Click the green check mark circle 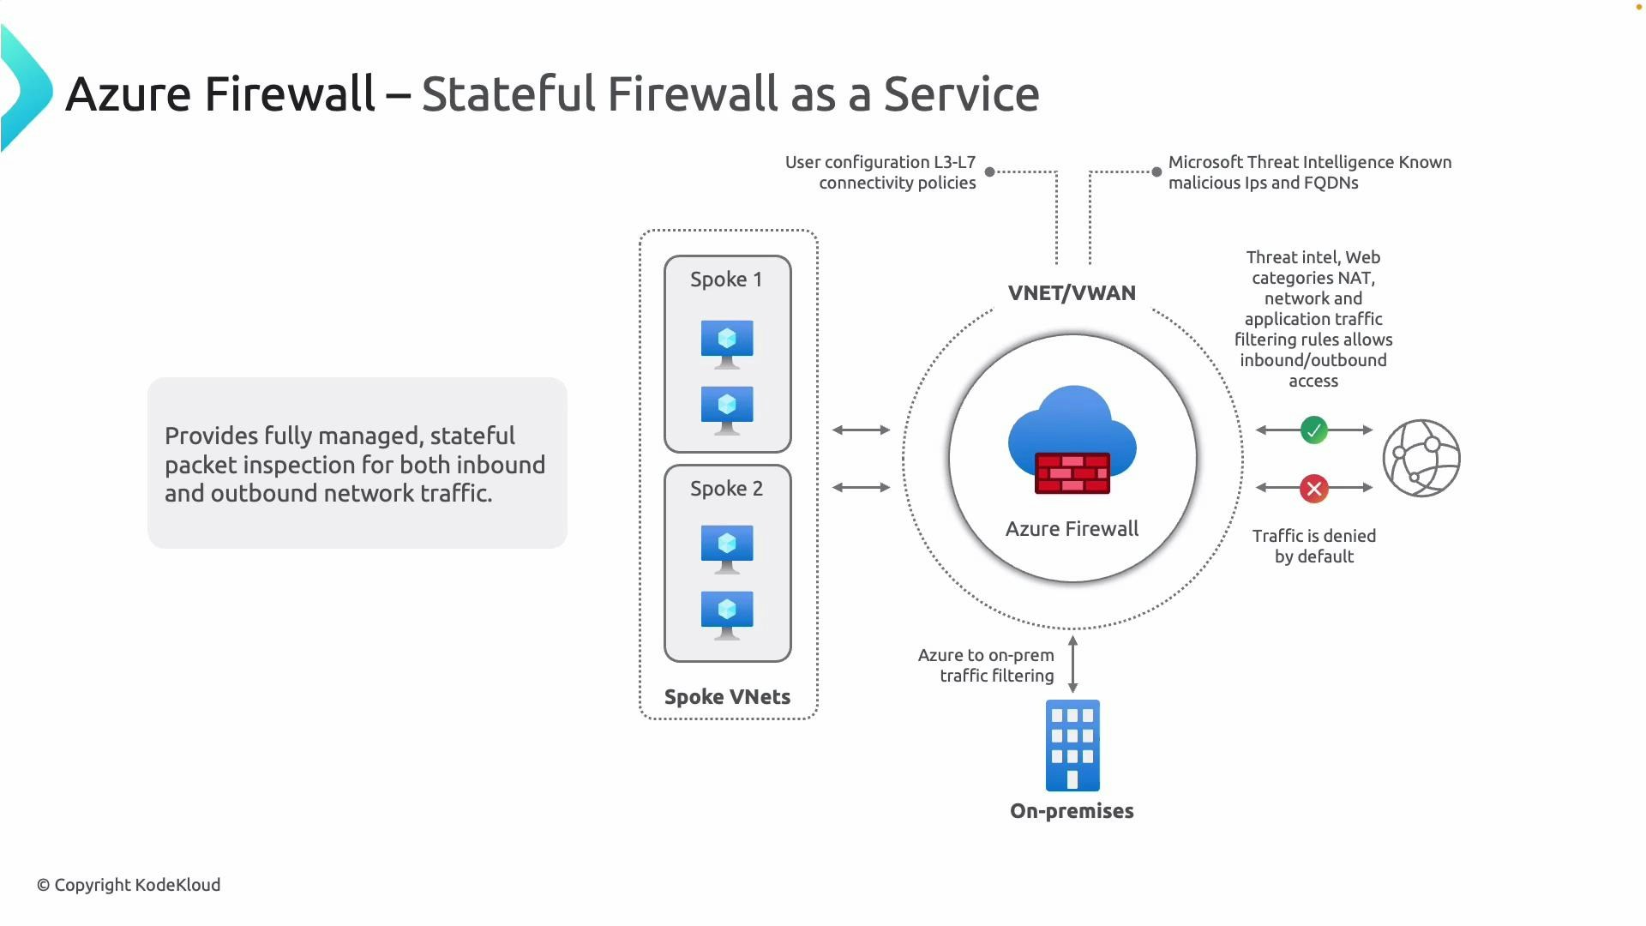click(x=1313, y=430)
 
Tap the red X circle click(x=1313, y=489)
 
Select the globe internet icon click(x=1421, y=458)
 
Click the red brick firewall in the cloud click(x=1072, y=473)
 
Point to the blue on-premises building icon click(x=1072, y=745)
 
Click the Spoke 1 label click(x=726, y=280)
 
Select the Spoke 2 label click(x=726, y=489)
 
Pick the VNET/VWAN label click(x=1072, y=293)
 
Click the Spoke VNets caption click(x=727, y=697)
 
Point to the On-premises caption click(x=1072, y=811)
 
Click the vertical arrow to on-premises click(x=1072, y=664)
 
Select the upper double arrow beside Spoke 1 click(x=861, y=430)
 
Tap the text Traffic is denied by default click(x=1313, y=546)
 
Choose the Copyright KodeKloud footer click(x=129, y=885)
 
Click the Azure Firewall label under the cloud click(x=1072, y=529)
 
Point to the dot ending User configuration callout click(x=989, y=171)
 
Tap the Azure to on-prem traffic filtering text click(x=986, y=665)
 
